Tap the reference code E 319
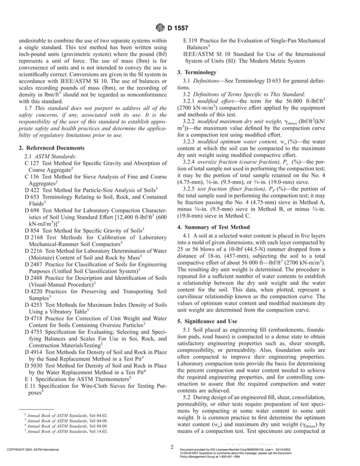pyautogui.click(x=191, y=41)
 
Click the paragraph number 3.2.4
pyautogui.click(x=191, y=161)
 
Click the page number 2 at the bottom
pyautogui.click(x=172, y=447)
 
